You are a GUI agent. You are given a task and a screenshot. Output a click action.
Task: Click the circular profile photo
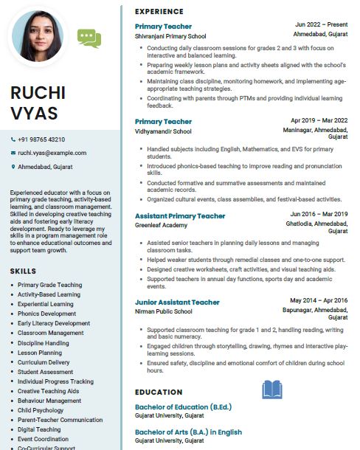(x=41, y=37)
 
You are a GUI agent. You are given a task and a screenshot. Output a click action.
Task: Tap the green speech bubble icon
(x=89, y=36)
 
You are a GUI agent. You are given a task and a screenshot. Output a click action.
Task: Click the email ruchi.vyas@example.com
(x=52, y=153)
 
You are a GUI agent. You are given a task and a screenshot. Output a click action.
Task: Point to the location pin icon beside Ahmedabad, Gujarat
(x=13, y=167)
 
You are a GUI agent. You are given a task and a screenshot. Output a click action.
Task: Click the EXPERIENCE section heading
(x=159, y=12)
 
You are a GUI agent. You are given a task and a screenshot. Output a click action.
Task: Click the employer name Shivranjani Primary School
(x=170, y=35)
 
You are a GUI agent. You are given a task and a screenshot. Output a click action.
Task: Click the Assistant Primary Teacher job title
(x=180, y=215)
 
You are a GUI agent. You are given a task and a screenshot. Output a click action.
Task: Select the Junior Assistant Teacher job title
(x=177, y=302)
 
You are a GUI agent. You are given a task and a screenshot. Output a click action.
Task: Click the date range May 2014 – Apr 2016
(x=319, y=300)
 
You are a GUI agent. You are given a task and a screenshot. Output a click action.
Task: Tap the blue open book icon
(x=272, y=390)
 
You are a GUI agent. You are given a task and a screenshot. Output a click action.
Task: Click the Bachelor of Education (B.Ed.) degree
(x=182, y=406)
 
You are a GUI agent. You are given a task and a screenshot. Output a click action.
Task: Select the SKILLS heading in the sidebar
(x=23, y=271)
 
